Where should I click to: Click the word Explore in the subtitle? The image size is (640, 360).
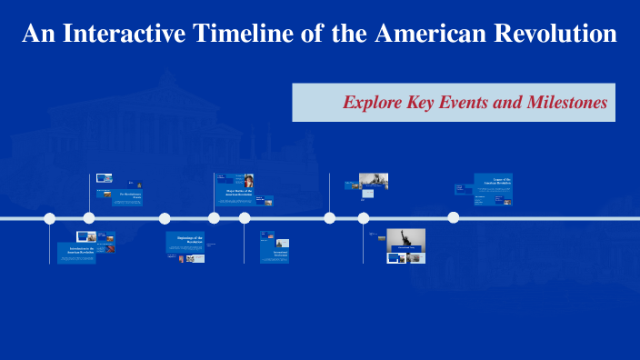tap(374, 103)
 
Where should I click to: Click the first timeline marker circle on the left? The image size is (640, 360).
tap(50, 218)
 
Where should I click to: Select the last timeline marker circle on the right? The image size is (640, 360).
tap(453, 217)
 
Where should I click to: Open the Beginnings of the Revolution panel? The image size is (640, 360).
tap(185, 241)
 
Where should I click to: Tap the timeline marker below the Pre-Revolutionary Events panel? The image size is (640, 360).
tap(89, 218)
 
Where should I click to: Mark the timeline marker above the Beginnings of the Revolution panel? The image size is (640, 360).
tap(165, 218)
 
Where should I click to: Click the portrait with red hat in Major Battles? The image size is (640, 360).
tap(248, 180)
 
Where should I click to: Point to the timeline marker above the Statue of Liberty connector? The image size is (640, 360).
tap(364, 218)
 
